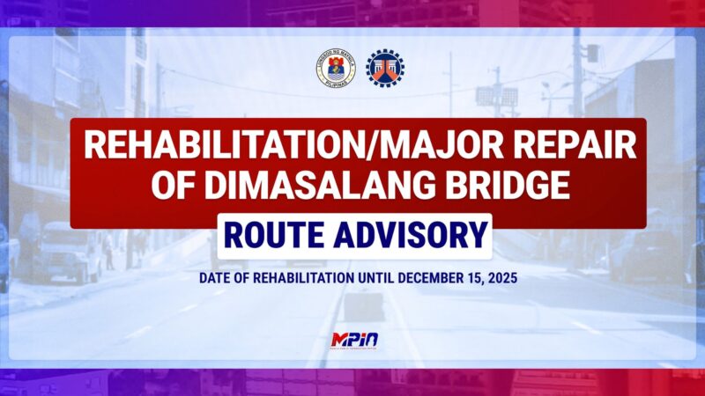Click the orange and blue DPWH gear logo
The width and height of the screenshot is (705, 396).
(x=383, y=68)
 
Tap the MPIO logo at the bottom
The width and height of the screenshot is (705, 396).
(x=352, y=340)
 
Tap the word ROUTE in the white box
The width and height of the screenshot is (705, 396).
(x=276, y=235)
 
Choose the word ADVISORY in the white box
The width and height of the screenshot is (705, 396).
(x=412, y=235)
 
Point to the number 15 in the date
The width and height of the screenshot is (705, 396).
(x=472, y=277)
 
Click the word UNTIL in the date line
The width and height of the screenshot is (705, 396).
(x=376, y=277)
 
